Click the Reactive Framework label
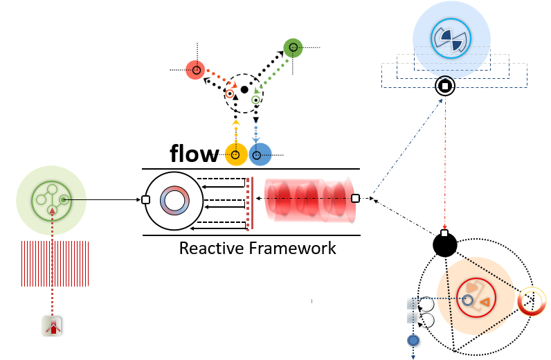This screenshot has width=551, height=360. pyautogui.click(x=258, y=248)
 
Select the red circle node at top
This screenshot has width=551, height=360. pyautogui.click(x=196, y=70)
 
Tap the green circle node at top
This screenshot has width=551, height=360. pyautogui.click(x=293, y=48)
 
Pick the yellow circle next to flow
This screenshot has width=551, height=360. pyautogui.click(x=236, y=154)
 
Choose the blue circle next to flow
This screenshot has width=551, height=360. pyautogui.click(x=260, y=154)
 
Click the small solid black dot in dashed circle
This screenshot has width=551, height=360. pyautogui.click(x=244, y=90)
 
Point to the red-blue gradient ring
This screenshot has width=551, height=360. pyautogui.click(x=173, y=201)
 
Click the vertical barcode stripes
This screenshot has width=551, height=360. pyautogui.click(x=55, y=263)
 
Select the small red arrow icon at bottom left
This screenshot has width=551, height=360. pyautogui.click(x=52, y=327)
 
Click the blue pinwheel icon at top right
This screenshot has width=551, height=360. pyautogui.click(x=451, y=39)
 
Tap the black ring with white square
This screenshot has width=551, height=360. pyautogui.click(x=444, y=87)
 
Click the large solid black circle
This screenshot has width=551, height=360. pyautogui.click(x=444, y=244)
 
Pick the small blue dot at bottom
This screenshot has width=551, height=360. pyautogui.click(x=413, y=340)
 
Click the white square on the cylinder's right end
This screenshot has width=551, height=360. pyautogui.click(x=355, y=199)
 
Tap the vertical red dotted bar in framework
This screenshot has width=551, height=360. pyautogui.click(x=248, y=204)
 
